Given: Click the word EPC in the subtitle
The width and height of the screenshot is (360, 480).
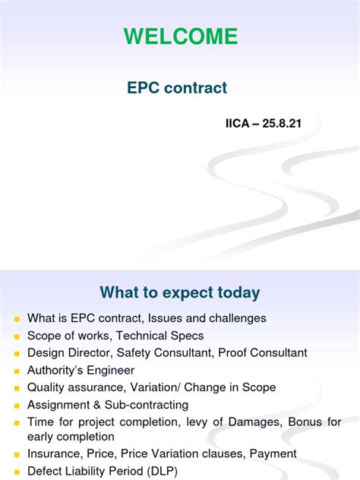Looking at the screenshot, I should pyautogui.click(x=143, y=88).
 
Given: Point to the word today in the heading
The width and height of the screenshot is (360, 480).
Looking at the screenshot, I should pyautogui.click(x=236, y=293).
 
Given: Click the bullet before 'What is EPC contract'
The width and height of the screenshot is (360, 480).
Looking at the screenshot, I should pyautogui.click(x=16, y=319).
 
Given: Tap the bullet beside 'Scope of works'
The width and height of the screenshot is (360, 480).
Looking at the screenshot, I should pyautogui.click(x=16, y=336).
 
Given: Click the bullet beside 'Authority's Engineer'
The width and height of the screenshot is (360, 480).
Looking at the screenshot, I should pyautogui.click(x=16, y=371).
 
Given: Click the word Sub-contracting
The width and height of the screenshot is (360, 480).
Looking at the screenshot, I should pyautogui.click(x=144, y=404).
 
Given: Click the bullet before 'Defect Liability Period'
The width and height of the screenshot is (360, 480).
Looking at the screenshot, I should pyautogui.click(x=16, y=472).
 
